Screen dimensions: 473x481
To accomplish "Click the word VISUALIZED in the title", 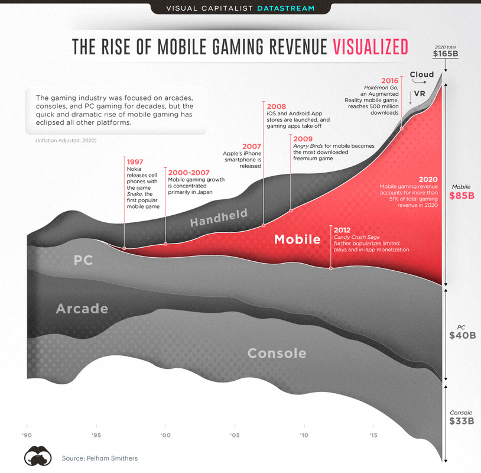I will click(x=370, y=47).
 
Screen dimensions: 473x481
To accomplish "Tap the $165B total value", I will click(x=445, y=54).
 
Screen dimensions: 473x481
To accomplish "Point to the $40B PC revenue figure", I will click(x=461, y=335).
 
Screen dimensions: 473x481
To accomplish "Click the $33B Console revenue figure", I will click(x=461, y=421).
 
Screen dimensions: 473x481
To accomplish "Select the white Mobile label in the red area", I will click(x=297, y=239).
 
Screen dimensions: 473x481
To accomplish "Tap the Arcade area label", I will click(x=82, y=309).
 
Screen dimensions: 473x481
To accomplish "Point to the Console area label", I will click(x=277, y=354).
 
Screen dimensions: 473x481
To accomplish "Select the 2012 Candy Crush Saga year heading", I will click(x=343, y=229).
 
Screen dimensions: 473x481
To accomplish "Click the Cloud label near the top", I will click(x=422, y=74).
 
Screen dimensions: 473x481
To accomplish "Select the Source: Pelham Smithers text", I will click(x=99, y=458).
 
